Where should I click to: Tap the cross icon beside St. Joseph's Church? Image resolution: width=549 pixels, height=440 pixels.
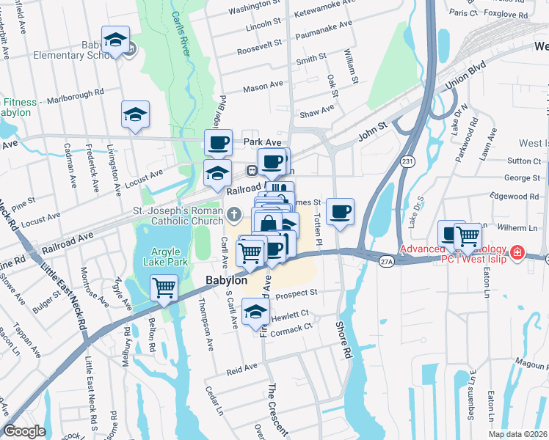[233, 215]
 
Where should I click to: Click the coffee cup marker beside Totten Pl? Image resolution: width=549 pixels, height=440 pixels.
[340, 213]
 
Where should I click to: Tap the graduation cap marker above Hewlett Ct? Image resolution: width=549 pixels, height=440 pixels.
[255, 312]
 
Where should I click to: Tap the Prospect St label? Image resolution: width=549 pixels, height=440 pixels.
[297, 292]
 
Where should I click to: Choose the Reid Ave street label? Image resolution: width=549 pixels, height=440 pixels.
[241, 367]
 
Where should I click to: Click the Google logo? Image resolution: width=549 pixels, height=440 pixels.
[24, 430]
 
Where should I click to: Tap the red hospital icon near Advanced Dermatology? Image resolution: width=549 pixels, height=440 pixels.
[517, 252]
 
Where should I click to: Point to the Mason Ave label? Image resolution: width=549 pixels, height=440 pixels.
[263, 87]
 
